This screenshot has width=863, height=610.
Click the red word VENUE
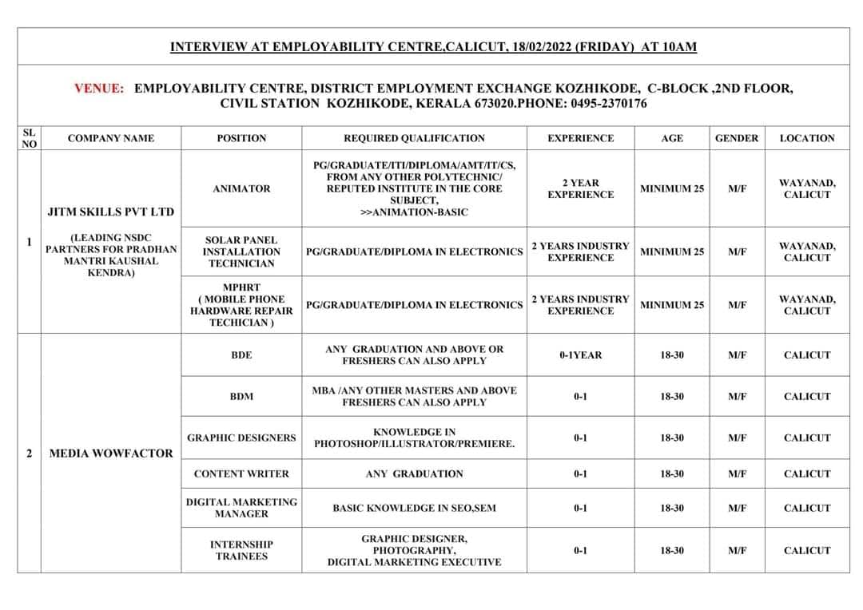[99, 88]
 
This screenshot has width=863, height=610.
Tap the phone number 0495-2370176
[606, 104]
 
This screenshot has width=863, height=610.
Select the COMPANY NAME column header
[111, 138]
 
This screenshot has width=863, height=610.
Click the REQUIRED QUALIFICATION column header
[414, 138]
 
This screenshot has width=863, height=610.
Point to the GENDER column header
[737, 138]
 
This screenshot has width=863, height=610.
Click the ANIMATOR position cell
[241, 188]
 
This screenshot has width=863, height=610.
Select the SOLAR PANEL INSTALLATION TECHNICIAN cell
[241, 252]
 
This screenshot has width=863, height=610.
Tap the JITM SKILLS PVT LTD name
[111, 212]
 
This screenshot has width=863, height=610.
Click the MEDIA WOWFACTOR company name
[111, 453]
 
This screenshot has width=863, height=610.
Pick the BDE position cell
[241, 355]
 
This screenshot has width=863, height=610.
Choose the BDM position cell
[241, 396]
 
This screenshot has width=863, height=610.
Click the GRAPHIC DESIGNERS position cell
[241, 438]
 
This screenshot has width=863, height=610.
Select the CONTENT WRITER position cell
[241, 473]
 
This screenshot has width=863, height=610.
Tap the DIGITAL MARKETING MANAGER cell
[241, 508]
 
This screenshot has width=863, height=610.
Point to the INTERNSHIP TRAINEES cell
[241, 550]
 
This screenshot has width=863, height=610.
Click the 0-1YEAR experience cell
[580, 355]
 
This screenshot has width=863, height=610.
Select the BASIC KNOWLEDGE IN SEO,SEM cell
[414, 508]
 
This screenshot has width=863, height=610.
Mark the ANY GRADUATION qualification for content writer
[414, 473]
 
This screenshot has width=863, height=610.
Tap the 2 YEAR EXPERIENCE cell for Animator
[580, 188]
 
